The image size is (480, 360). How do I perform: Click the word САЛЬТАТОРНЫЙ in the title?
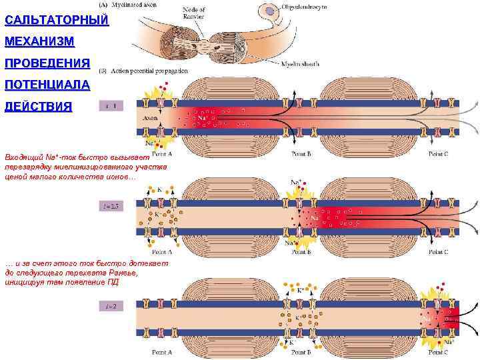click(56, 21)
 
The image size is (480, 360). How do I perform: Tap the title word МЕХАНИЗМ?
click(39, 42)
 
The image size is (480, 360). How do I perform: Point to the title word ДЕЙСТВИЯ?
click(38, 107)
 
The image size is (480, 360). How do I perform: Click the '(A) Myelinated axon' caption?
click(127, 5)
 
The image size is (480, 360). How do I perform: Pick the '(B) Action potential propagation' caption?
click(143, 70)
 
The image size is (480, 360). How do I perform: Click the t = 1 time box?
click(111, 105)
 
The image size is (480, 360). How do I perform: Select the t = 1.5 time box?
click(111, 207)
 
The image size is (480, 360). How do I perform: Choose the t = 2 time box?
click(111, 306)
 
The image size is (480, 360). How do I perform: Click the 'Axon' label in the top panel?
click(150, 119)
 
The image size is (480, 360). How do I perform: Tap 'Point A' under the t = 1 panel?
click(162, 154)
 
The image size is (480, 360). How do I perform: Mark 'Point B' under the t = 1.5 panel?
click(301, 253)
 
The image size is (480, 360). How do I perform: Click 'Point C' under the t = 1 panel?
click(438, 154)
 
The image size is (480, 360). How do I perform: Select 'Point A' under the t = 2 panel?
click(162, 351)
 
